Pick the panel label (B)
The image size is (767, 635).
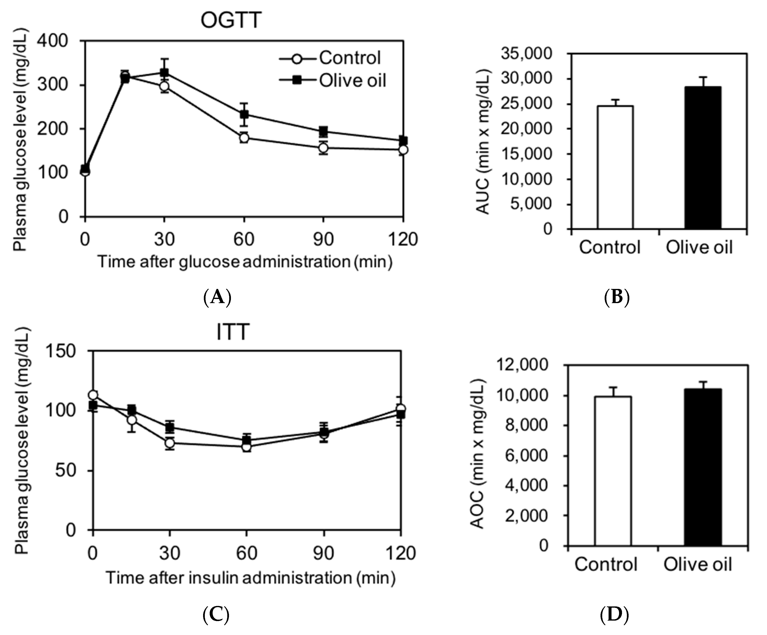[x=617, y=297]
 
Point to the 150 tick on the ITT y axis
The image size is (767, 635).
[x=60, y=351]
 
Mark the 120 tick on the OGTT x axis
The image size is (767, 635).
[x=403, y=240]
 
